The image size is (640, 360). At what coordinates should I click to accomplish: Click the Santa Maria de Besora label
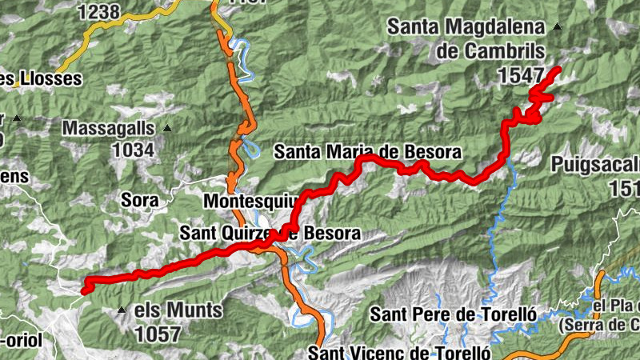367,151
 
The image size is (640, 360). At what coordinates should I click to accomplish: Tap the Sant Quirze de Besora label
270,234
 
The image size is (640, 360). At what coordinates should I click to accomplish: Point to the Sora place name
140,198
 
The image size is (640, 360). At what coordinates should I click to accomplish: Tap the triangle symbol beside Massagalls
167,128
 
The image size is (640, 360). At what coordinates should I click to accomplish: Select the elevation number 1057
158,334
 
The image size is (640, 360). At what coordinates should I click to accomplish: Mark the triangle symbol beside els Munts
122,310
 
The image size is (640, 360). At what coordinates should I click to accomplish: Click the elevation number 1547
520,75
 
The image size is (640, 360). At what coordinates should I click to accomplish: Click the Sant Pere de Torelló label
451,314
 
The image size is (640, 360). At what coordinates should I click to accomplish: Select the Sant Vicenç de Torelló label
398,352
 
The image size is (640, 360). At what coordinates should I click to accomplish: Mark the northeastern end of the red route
558,70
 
